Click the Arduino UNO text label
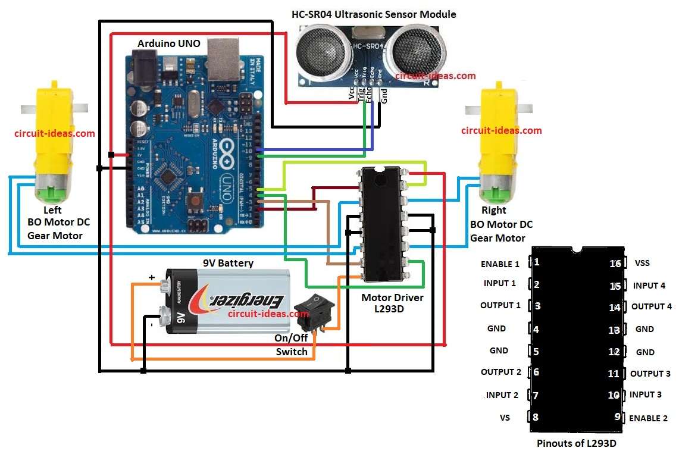[169, 43]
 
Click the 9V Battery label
[227, 263]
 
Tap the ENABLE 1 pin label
[500, 264]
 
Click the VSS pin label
[643, 263]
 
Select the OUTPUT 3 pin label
[650, 374]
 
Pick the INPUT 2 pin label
[502, 395]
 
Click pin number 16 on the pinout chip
[615, 264]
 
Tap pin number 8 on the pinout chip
[536, 418]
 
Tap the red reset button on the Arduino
[195, 200]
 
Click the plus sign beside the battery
[152, 277]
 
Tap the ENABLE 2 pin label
[648, 418]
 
